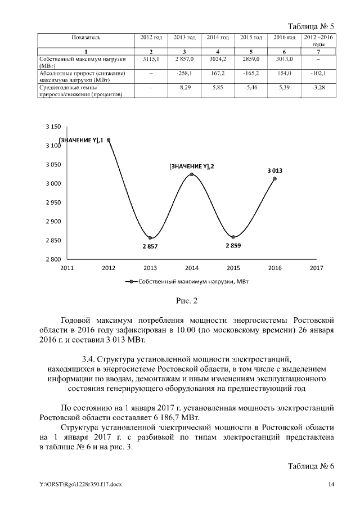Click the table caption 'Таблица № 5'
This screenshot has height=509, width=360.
pyautogui.click(x=311, y=26)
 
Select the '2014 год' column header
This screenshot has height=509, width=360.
pyautogui.click(x=217, y=37)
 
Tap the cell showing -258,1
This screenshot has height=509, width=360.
pyautogui.click(x=184, y=73)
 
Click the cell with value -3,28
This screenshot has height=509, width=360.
pyautogui.click(x=318, y=88)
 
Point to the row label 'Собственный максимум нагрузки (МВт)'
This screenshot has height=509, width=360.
pyautogui.click(x=82, y=62)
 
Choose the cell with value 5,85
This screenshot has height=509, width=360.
pyautogui.click(x=217, y=88)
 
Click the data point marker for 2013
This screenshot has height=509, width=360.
pyautogui.click(x=150, y=238)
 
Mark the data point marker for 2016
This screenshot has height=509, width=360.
pyautogui.click(x=274, y=178)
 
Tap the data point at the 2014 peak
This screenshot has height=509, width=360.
pyautogui.click(x=192, y=174)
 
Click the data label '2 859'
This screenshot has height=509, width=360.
pyautogui.click(x=234, y=246)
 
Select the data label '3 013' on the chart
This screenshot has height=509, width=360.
pyautogui.click(x=274, y=169)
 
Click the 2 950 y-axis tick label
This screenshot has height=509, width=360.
pyautogui.click(x=53, y=202)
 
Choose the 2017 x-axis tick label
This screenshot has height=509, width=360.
pyautogui.click(x=316, y=268)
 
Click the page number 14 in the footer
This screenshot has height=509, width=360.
pyautogui.click(x=331, y=484)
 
